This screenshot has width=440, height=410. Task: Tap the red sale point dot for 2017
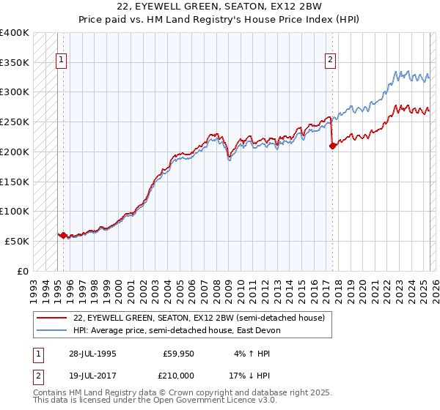[332, 146]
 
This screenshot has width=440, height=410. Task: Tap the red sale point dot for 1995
[63, 236]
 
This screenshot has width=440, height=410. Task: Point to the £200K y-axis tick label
[15, 152]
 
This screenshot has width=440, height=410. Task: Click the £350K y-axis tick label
[15, 63]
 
